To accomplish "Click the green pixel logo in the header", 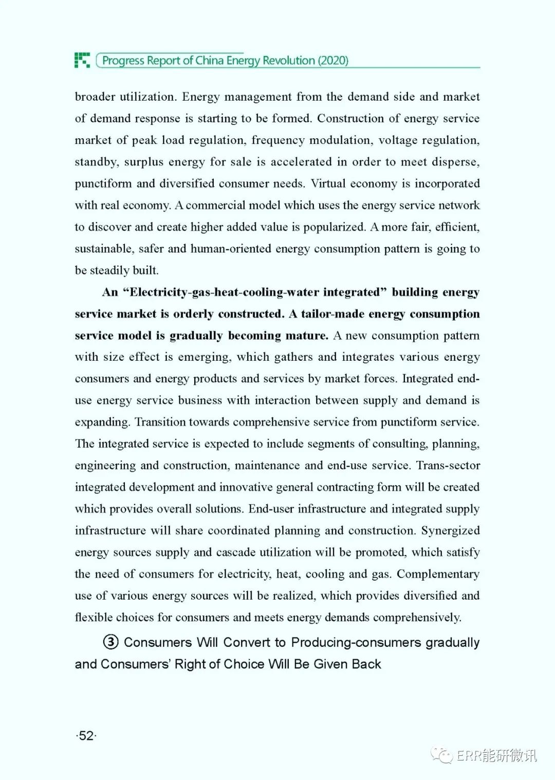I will (82, 60).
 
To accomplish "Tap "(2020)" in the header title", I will (333, 61).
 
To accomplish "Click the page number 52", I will (86, 736).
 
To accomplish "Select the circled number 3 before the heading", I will (110, 642).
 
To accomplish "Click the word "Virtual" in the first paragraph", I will (328, 183).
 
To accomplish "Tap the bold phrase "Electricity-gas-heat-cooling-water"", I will (254, 292).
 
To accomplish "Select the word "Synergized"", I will (450, 530).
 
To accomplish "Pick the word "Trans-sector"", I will (448, 466).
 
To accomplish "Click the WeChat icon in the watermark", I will (441, 755).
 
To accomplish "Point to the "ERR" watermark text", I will (469, 755).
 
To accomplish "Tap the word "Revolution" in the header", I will (289, 61).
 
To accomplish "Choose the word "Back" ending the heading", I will (366, 664).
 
